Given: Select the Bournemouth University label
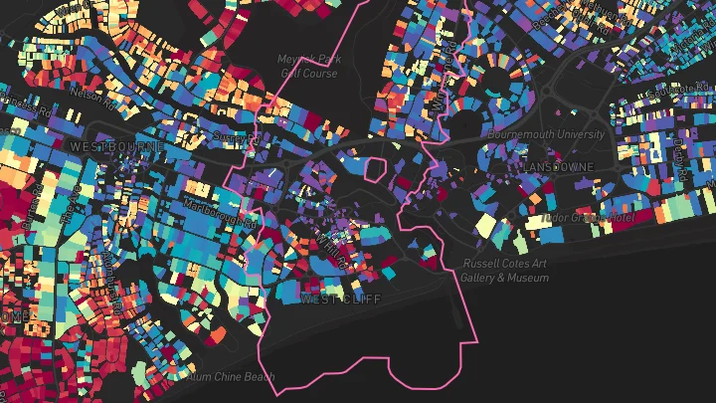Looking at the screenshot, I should point(545,133).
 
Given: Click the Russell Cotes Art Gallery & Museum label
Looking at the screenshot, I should point(504,271).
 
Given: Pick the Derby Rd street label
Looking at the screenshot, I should point(682,155).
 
